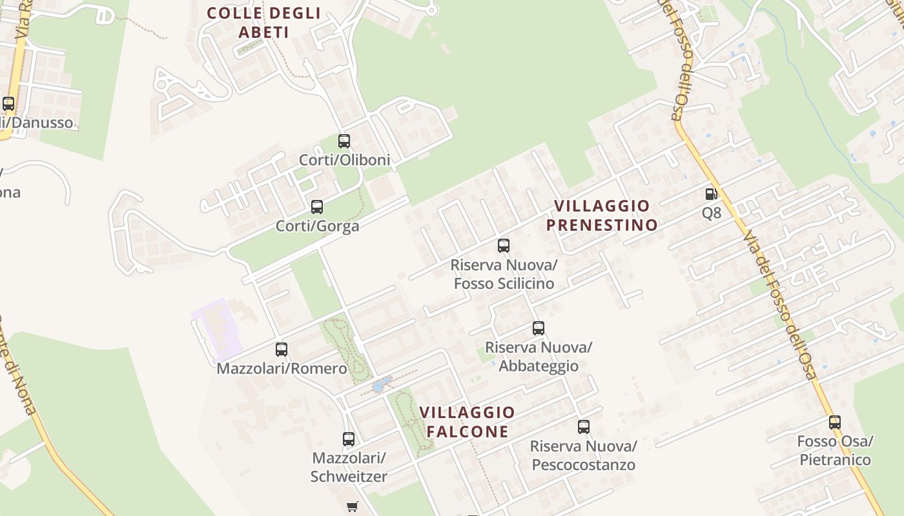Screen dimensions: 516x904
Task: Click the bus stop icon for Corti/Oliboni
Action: click(344, 141)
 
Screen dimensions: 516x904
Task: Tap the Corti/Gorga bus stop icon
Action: click(317, 207)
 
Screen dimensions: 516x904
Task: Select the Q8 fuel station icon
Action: click(711, 193)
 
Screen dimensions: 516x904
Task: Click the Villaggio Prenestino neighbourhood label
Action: click(602, 215)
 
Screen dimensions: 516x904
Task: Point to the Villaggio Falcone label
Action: click(467, 422)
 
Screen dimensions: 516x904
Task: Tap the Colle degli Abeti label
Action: click(263, 22)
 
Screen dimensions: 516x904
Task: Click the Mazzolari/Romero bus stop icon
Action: click(282, 350)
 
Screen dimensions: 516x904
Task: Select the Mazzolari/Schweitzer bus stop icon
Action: click(349, 439)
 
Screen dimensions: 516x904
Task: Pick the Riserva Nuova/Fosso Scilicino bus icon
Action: click(504, 246)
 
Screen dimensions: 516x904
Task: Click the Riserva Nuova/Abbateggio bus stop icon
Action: click(539, 328)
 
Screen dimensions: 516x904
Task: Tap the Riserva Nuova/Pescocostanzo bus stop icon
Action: click(584, 426)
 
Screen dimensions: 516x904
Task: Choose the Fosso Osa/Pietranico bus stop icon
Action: click(835, 422)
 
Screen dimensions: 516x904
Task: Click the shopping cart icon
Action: click(352, 506)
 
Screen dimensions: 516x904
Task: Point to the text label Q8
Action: click(712, 213)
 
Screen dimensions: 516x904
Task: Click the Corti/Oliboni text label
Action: click(345, 159)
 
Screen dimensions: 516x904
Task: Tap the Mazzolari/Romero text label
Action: click(282, 369)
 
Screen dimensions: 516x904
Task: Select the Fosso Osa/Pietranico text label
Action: click(835, 451)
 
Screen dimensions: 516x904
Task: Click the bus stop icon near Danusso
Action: click(8, 103)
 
